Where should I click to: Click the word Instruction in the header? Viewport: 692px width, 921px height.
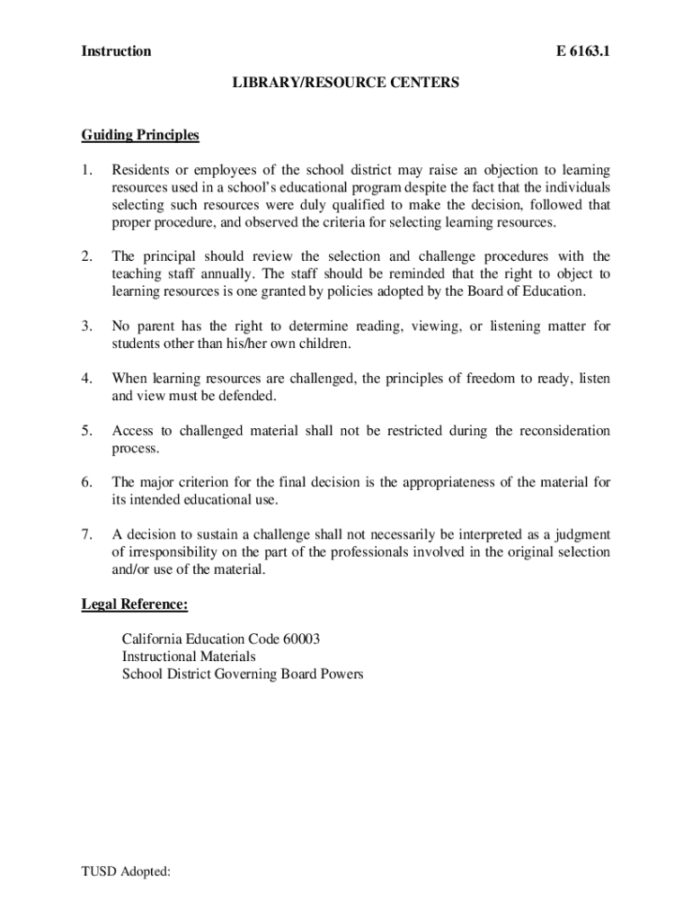(x=116, y=51)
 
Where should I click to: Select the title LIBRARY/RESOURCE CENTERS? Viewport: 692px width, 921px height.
(x=345, y=83)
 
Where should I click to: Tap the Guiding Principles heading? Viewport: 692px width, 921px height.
(x=140, y=136)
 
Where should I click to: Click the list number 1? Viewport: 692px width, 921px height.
(x=86, y=170)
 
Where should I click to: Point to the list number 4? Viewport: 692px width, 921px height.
(x=86, y=379)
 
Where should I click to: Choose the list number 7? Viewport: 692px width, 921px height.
(x=86, y=535)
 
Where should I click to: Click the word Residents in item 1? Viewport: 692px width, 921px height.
(x=139, y=170)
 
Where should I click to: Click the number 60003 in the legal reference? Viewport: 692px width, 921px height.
(x=301, y=639)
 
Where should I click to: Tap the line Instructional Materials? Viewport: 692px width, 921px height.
(x=189, y=657)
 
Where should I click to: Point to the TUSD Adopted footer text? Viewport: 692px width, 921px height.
(x=126, y=871)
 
